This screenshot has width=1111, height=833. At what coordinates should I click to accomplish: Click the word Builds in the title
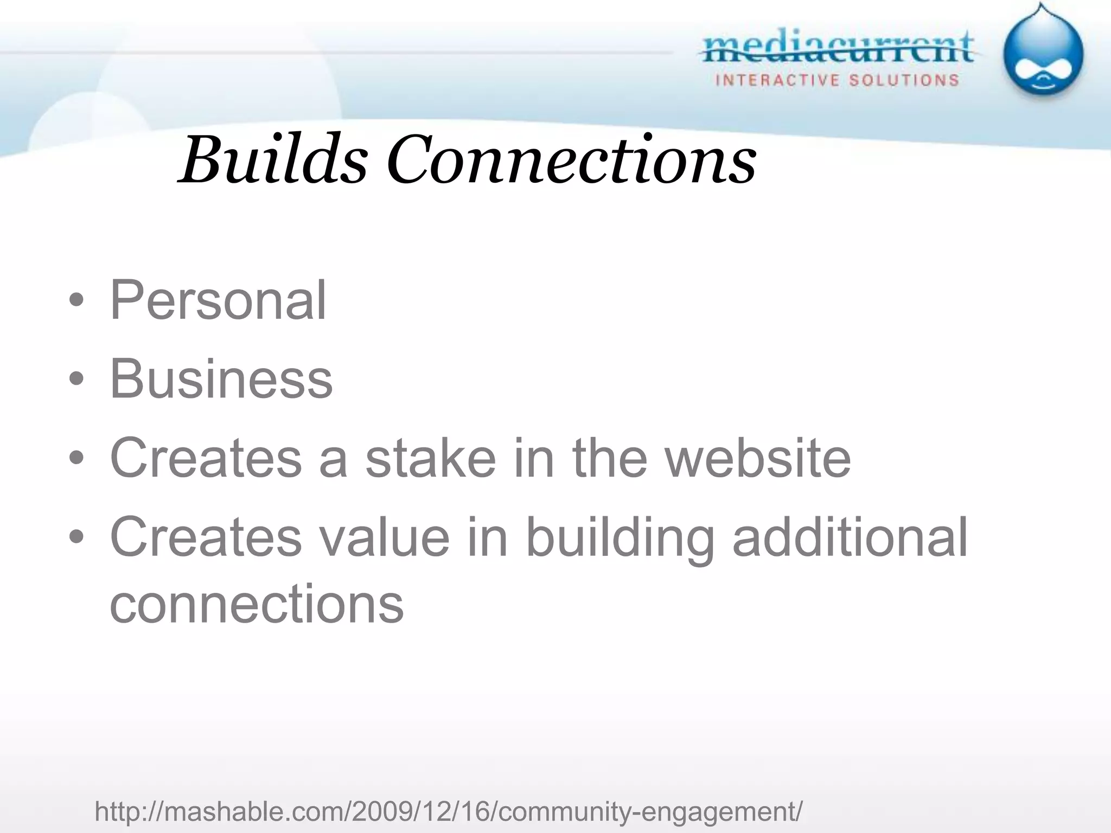click(x=274, y=160)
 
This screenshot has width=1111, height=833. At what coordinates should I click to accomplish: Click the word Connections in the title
click(x=571, y=160)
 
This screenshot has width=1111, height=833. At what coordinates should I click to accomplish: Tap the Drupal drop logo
click(x=1042, y=53)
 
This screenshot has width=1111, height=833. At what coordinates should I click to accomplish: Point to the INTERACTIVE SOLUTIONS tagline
click(x=837, y=81)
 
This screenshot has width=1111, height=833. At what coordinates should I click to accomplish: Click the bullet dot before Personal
click(x=76, y=300)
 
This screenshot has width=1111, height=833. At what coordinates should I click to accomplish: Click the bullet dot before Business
click(x=76, y=379)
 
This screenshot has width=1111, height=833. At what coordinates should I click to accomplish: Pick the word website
click(x=758, y=458)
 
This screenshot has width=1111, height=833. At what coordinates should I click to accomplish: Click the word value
click(x=384, y=537)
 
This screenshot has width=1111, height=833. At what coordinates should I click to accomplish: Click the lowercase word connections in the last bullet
click(x=257, y=604)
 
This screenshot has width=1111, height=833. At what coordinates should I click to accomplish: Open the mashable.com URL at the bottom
click(x=448, y=812)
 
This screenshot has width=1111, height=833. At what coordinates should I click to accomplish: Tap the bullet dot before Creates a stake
click(x=76, y=458)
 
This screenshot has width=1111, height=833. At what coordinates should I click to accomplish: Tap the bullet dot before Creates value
click(x=76, y=537)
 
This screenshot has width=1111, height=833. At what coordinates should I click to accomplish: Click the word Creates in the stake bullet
click(x=206, y=458)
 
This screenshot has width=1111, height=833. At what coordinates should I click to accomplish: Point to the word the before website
click(x=610, y=458)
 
